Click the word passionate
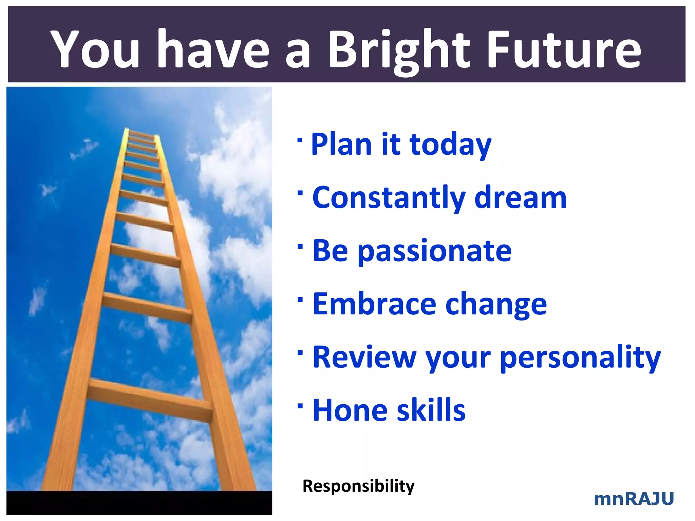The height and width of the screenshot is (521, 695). pos(434,252)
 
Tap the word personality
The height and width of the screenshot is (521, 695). pos(580,358)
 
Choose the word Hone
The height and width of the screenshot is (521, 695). pos(350,410)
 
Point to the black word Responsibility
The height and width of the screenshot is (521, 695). pos(358,486)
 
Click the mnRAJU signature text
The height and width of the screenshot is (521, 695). pos(634,499)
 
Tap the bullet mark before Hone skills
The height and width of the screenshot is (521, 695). pos(300,406)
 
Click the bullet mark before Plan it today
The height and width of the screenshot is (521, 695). pos(299,140)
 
